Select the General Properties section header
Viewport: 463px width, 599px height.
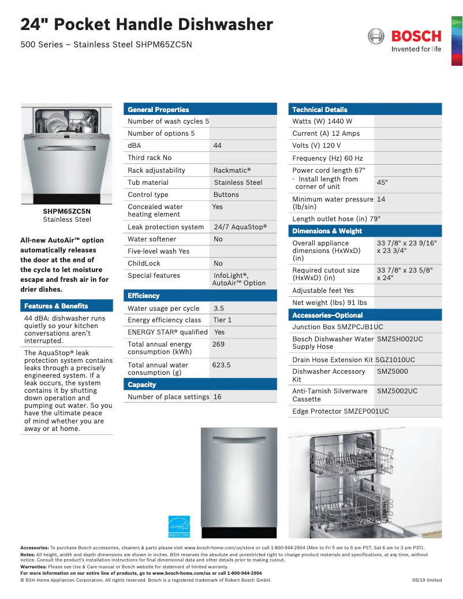pos(158,109)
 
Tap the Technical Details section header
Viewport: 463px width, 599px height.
pos(320,109)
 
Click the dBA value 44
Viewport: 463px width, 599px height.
pos(217,146)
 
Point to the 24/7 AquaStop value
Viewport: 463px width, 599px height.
pos(240,227)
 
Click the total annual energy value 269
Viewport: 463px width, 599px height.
pos(218,344)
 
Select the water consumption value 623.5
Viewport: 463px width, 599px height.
pos(221,365)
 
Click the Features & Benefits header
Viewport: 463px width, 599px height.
pos(56,306)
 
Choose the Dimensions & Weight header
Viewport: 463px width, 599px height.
pos(327,230)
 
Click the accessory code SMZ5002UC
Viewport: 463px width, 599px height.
pos(397,391)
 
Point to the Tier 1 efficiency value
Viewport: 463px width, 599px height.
pos(222,320)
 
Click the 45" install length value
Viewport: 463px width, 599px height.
pos(382,183)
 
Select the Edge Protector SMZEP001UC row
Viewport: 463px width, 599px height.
pos(341,411)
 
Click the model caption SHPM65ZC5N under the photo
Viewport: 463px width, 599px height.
pos(67,211)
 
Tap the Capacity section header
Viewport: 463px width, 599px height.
pos(142,384)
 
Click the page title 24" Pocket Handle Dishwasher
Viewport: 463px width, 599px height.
pos(147,25)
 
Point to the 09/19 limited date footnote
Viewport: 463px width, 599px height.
pos(427,580)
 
